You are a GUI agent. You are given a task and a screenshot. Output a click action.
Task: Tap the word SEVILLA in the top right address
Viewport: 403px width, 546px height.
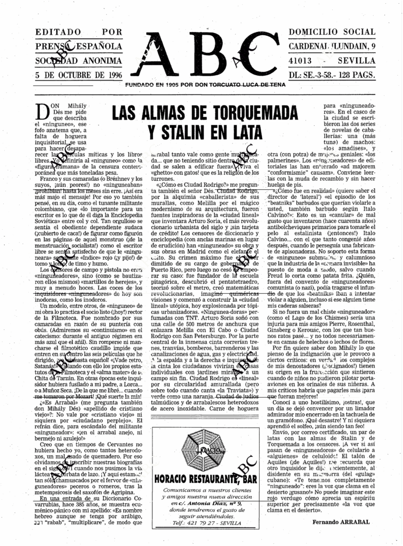pos(358,60)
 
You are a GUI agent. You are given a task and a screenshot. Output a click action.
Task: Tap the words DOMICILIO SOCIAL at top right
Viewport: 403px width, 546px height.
pos(332,32)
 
